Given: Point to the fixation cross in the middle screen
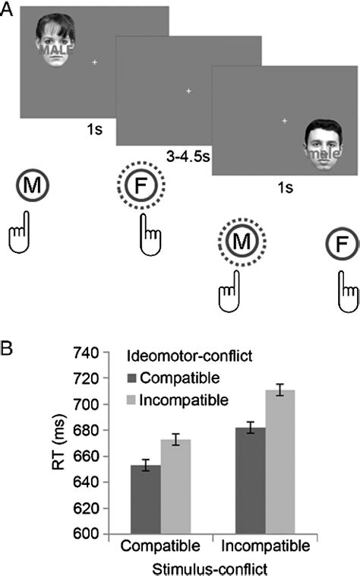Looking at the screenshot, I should click(x=189, y=91).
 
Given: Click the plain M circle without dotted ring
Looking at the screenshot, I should click(x=29, y=185).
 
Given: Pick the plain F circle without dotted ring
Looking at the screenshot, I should click(x=339, y=242).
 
